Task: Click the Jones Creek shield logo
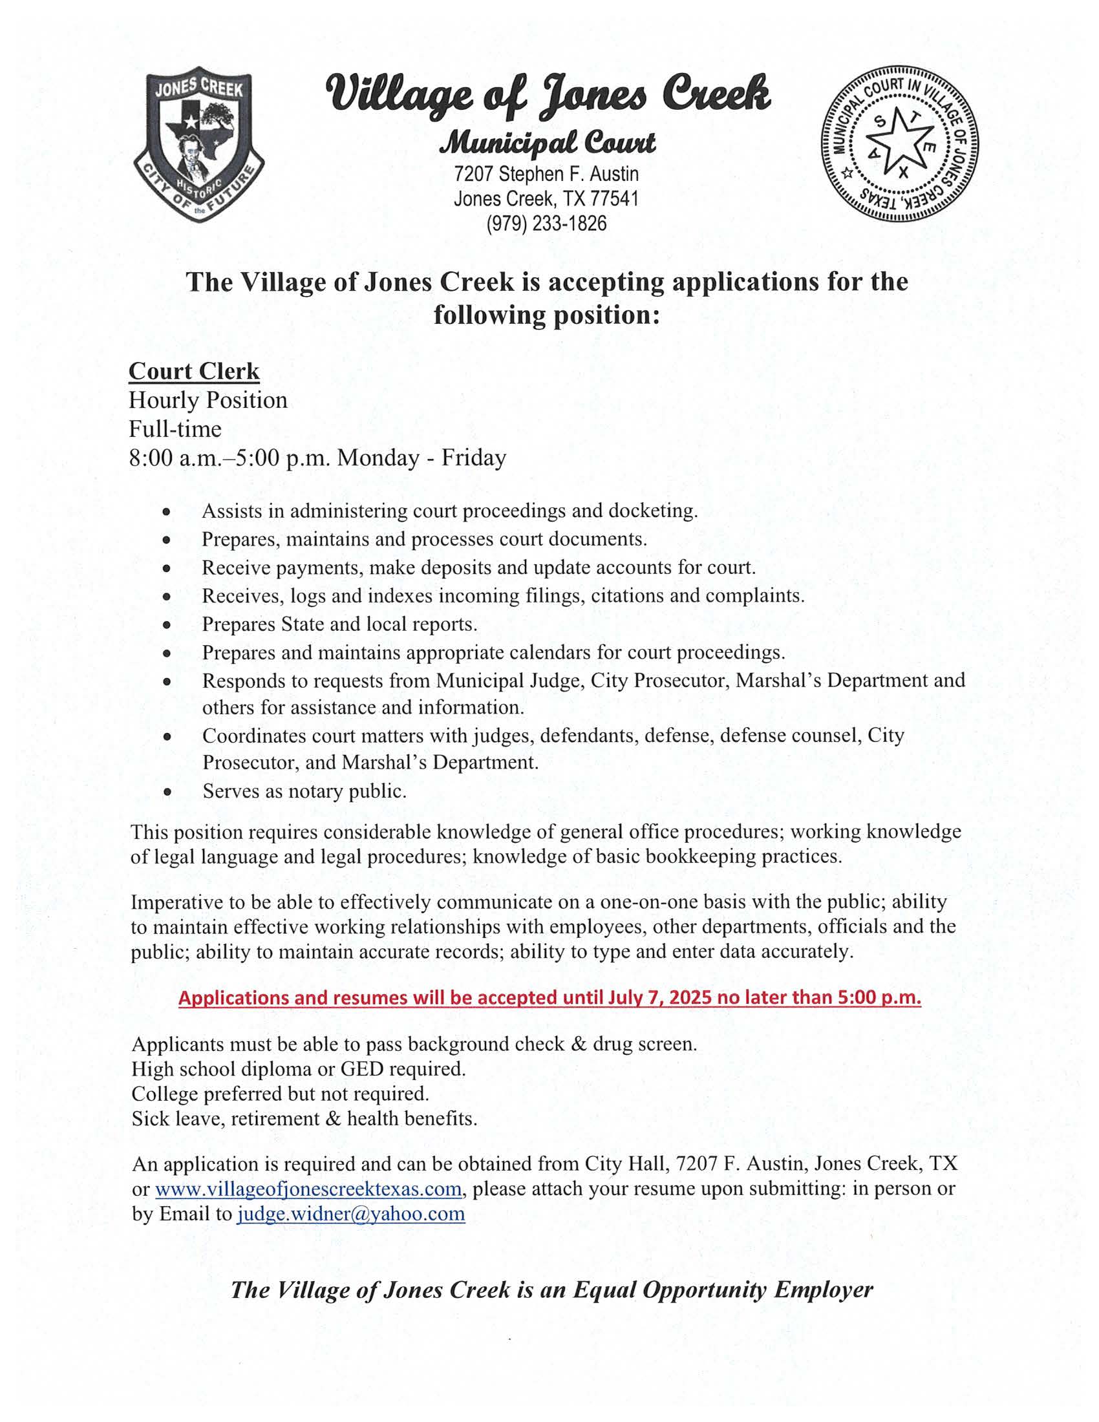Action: coord(198,144)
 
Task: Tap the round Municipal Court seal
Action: coord(901,145)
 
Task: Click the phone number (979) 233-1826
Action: coord(546,224)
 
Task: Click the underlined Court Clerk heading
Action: coord(194,371)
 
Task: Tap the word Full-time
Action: coord(175,429)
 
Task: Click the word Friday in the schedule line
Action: coord(473,458)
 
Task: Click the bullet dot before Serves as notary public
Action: coord(167,792)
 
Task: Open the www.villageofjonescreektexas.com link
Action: coord(308,1189)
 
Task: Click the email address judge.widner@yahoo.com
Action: coord(351,1215)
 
